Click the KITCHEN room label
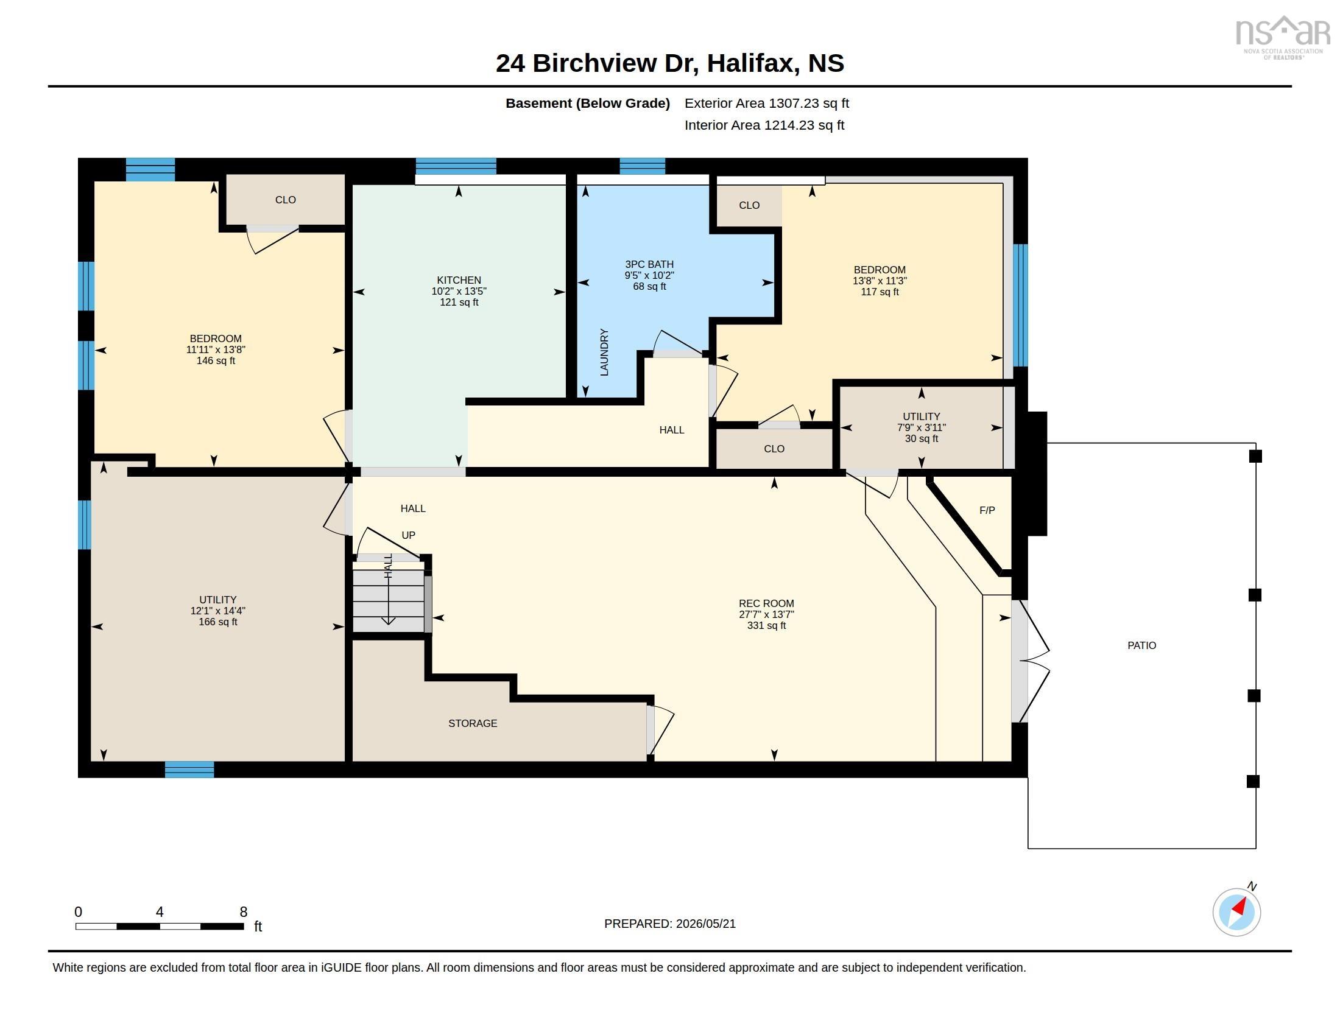[459, 280]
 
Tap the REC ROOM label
[766, 603]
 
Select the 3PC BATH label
[649, 264]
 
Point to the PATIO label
[1142, 645]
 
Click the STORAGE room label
[473, 723]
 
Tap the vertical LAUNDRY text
[604, 352]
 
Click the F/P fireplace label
[987, 510]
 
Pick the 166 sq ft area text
[218, 622]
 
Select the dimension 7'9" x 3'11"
[922, 427]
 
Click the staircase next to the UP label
[389, 600]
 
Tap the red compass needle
[1239, 907]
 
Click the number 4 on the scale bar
[160, 912]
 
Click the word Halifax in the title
[752, 63]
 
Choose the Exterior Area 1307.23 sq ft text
[767, 103]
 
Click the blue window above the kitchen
[456, 166]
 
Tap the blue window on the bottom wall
[189, 770]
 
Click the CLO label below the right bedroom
[774, 449]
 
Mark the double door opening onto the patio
[1031, 661]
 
